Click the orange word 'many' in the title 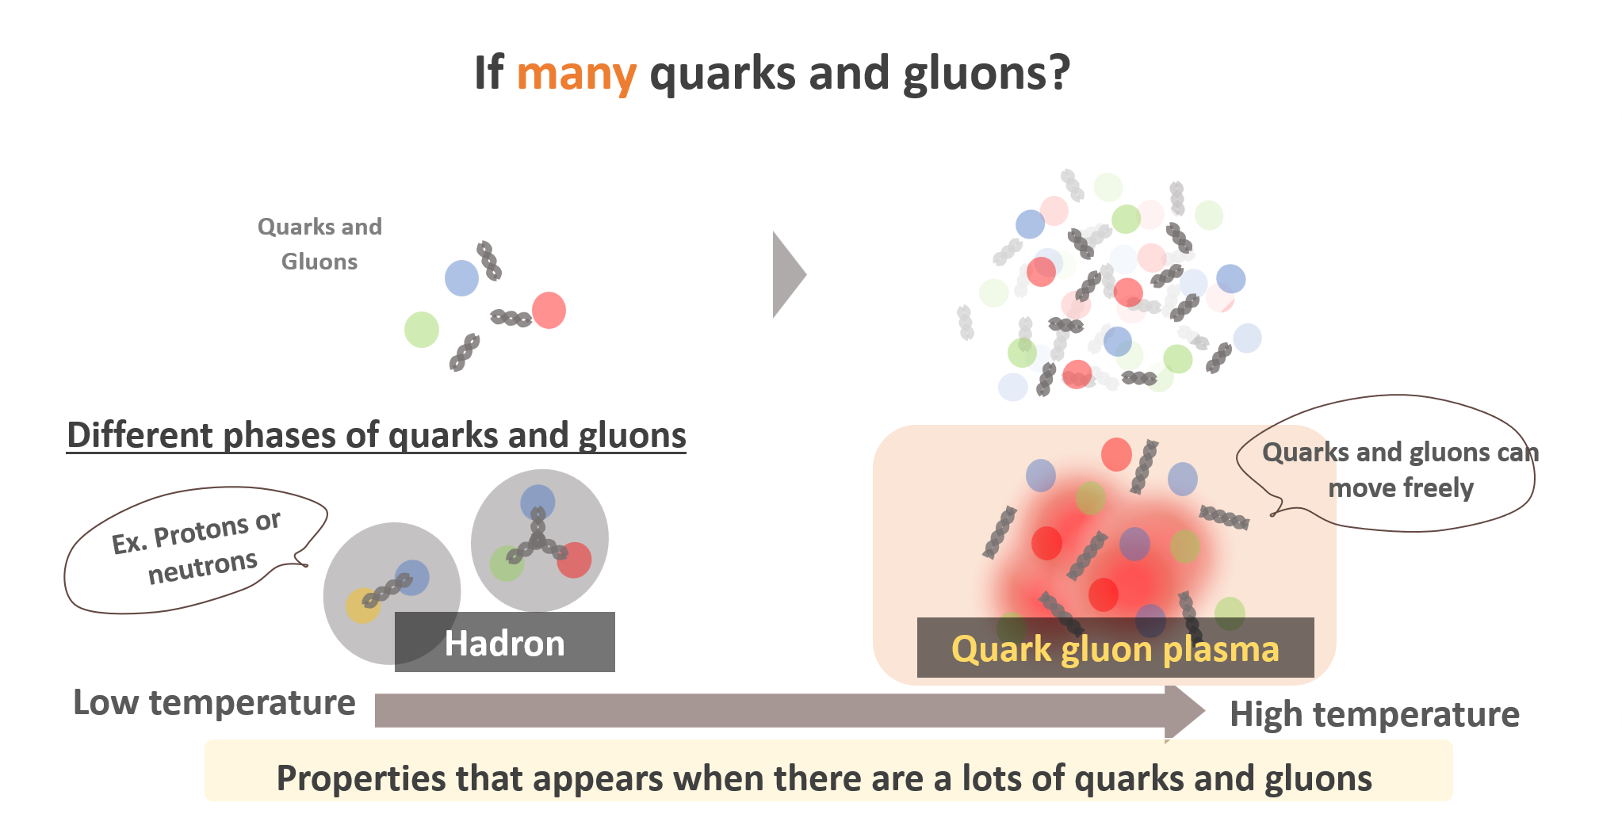coord(576,75)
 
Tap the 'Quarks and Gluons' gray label coord(319,244)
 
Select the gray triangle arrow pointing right coord(790,275)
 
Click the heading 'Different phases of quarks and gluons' coord(377,435)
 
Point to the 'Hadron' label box coord(505,642)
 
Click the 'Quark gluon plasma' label coord(1115,648)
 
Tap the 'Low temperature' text coord(214,702)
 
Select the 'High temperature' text coord(1375,714)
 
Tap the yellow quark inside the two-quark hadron coord(362,606)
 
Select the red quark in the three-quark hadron coord(574,560)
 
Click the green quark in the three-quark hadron coord(507,564)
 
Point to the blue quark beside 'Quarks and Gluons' coord(461,278)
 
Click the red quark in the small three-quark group coord(549,310)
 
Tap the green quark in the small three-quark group coord(422,330)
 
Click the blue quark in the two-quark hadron coord(411,577)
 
